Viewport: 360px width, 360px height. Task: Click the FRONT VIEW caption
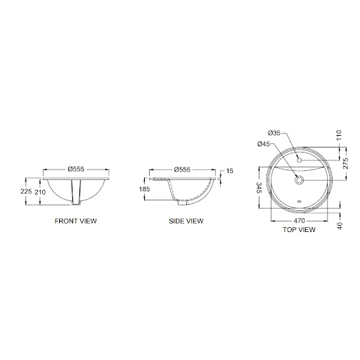point(76,221)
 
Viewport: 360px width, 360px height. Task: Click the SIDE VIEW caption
point(186,221)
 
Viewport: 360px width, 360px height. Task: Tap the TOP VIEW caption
point(299,229)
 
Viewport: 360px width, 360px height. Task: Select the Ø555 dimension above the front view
point(76,169)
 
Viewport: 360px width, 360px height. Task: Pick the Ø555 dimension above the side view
point(182,169)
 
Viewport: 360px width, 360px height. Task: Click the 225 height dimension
point(26,191)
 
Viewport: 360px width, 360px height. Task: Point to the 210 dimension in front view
point(40,193)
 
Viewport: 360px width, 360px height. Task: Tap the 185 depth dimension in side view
point(144,189)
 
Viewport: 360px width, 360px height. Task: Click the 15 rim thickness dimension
point(230,171)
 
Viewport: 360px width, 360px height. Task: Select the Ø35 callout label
point(274,133)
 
